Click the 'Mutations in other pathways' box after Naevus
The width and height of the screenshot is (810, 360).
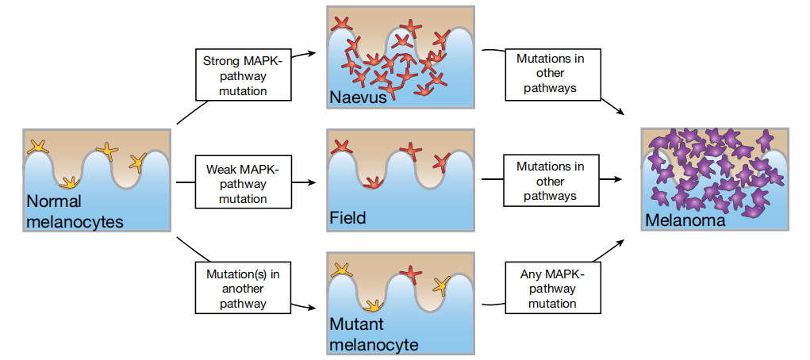(x=550, y=74)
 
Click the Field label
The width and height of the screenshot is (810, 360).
(x=347, y=217)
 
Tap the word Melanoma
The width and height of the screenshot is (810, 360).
(x=685, y=220)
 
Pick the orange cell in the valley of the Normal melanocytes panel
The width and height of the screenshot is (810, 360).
(x=71, y=182)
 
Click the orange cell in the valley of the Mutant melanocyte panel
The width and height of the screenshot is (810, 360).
(x=370, y=304)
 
